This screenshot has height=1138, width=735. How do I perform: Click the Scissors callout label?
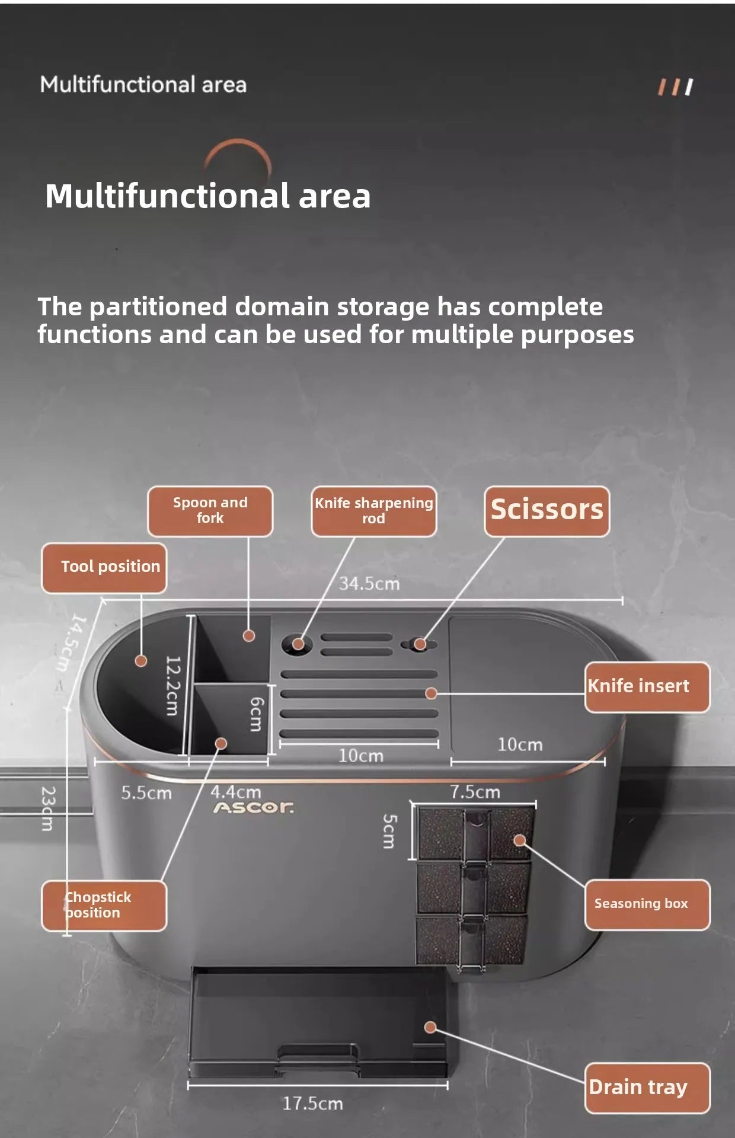pos(547,512)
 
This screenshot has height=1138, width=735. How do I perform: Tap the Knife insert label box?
pos(647,687)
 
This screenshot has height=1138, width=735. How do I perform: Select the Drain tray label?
pos(647,1088)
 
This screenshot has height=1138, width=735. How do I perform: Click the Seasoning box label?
pos(647,904)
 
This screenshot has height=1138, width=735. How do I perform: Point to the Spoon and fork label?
pos(210,511)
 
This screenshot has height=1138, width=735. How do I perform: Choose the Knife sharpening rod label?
pos(374,511)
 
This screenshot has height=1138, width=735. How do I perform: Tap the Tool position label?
pos(104,568)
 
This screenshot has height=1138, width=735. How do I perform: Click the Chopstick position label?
pos(104,906)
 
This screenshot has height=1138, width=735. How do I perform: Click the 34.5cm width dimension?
pos(369,584)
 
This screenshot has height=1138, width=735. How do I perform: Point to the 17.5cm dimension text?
pos(312,1104)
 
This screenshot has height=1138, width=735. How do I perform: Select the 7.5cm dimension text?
pos(475,792)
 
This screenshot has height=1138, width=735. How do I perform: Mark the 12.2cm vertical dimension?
pos(172,686)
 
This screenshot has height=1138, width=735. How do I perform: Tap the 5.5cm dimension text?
pos(146,793)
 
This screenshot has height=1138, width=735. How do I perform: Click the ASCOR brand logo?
pos(254,808)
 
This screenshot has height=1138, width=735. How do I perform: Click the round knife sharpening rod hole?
pos(298,644)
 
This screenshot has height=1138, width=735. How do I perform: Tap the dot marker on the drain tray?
pos(431,1028)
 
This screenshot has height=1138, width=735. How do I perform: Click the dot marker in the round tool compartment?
pos(141,660)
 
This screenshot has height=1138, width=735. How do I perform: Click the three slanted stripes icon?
pos(675,87)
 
